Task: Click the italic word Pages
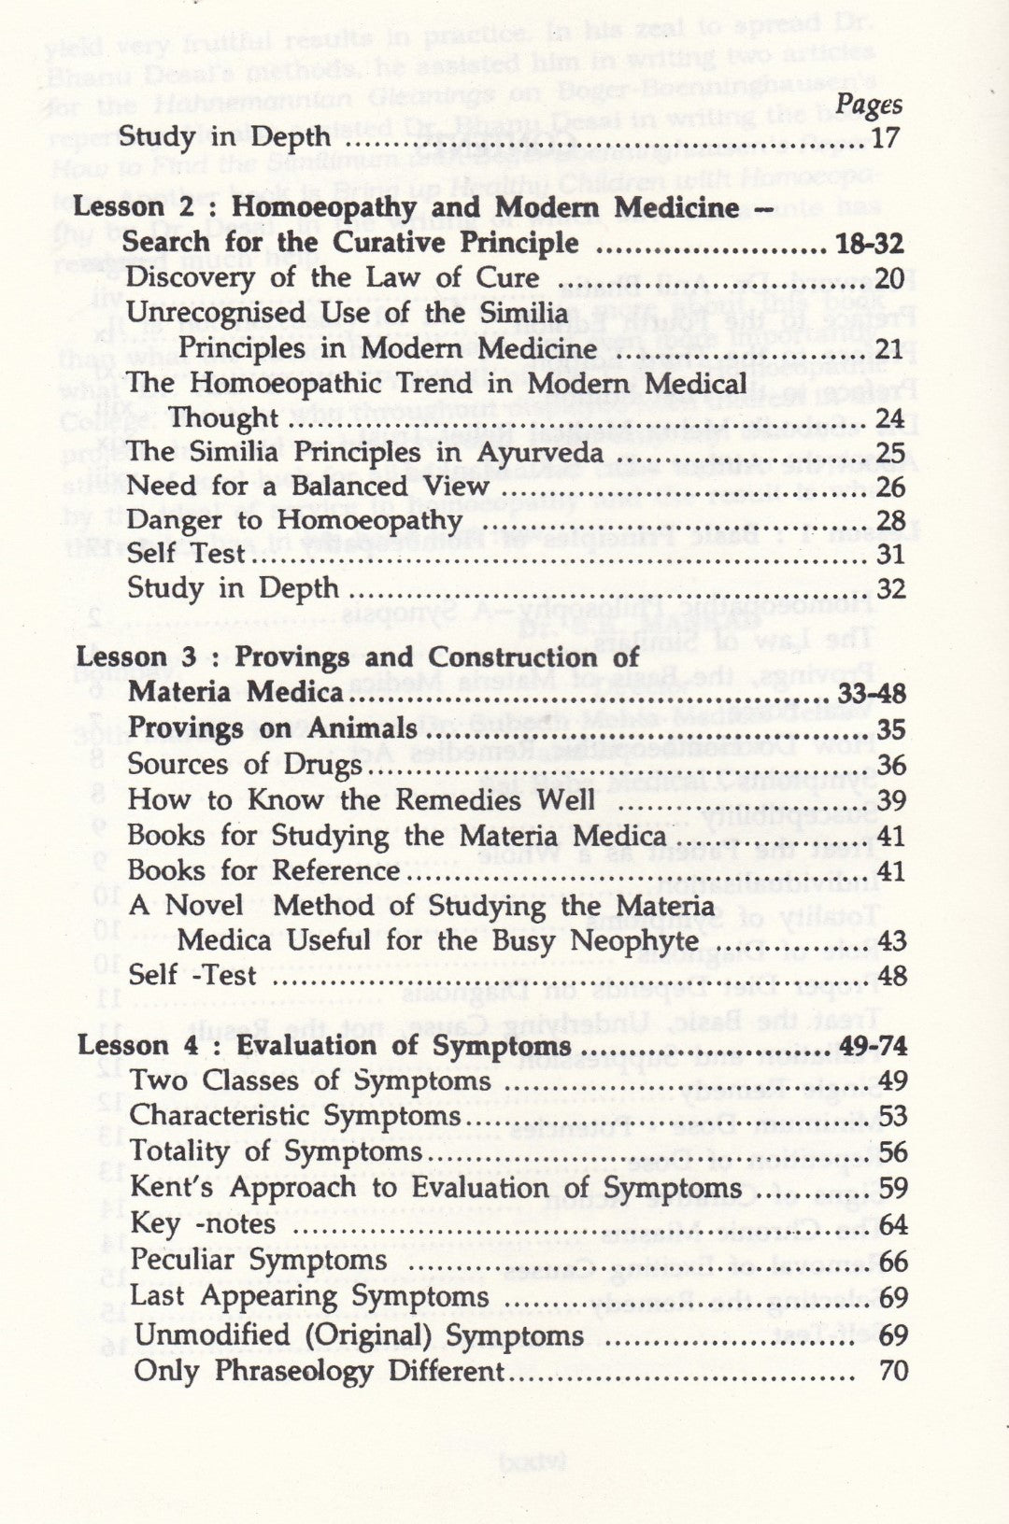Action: click(x=868, y=105)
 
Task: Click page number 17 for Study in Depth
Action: click(x=886, y=138)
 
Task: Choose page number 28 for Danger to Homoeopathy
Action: click(x=892, y=521)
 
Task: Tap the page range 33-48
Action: click(x=871, y=694)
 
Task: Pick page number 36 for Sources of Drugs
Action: click(x=892, y=765)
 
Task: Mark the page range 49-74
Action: click(x=874, y=1046)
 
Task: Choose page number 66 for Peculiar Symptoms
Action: click(x=893, y=1262)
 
